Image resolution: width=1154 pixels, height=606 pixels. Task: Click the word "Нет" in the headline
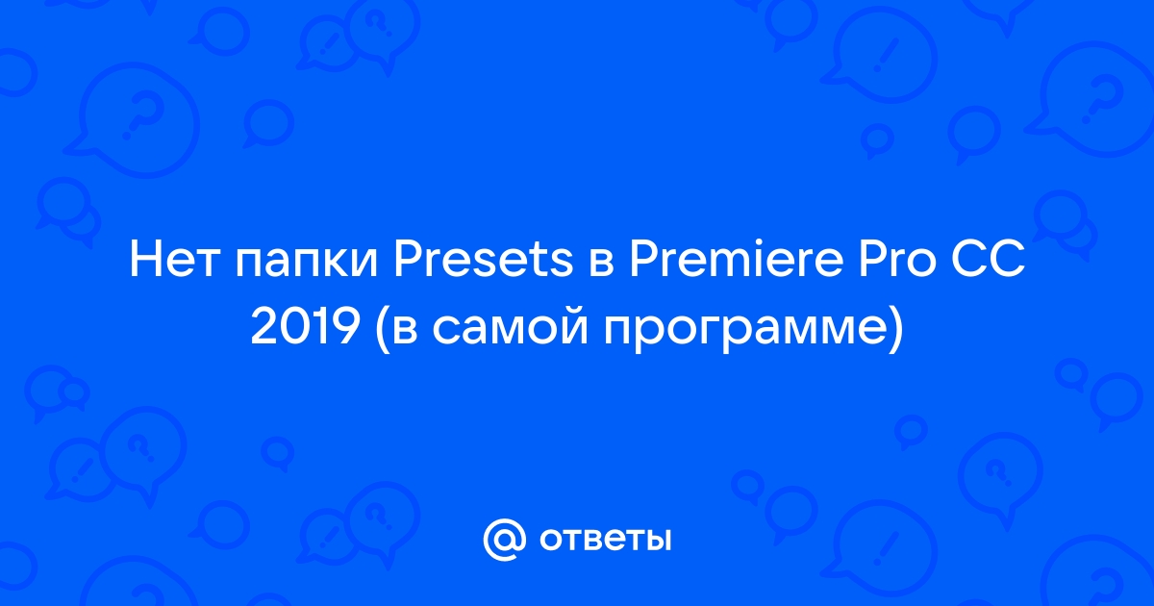[x=174, y=261]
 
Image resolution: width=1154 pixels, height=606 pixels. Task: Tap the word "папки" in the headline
[x=307, y=265]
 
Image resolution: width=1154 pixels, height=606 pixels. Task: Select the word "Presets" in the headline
[x=483, y=261]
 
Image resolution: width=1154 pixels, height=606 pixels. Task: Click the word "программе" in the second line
[x=744, y=332]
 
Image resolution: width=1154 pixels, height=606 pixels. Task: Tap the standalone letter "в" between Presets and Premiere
[x=601, y=265]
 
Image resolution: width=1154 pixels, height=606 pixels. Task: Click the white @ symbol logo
[x=504, y=540]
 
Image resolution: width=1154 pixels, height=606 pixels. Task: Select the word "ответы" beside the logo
[x=605, y=540]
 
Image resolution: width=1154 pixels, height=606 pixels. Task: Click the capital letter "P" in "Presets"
[x=408, y=261]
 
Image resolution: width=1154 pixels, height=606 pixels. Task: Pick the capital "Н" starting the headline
[x=144, y=261]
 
